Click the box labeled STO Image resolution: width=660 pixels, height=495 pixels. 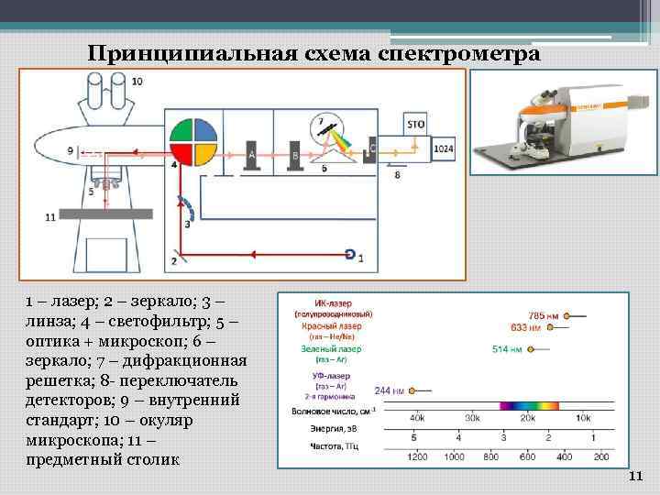(415, 123)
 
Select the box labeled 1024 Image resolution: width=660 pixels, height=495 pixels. (444, 148)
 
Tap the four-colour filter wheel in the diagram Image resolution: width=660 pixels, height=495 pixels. (193, 142)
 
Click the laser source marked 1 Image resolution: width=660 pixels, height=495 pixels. (350, 254)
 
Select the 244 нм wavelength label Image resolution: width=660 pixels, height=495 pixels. (389, 391)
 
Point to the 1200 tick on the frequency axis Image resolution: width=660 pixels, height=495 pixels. (417, 456)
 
